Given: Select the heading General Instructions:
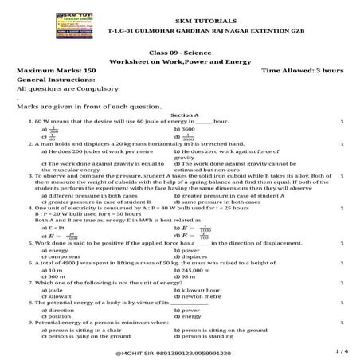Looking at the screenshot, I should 49,80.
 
